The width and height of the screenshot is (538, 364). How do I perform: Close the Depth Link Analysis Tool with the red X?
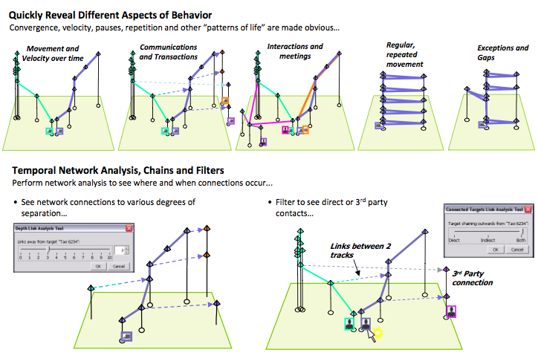[x=129, y=228]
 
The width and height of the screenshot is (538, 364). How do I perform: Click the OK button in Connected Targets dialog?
[x=496, y=250]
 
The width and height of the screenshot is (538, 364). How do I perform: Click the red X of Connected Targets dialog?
[x=528, y=209]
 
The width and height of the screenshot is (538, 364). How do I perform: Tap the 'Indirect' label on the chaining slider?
[x=488, y=241]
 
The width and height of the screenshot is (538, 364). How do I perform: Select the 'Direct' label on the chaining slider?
[x=454, y=241]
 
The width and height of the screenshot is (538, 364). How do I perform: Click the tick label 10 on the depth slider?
[x=109, y=258]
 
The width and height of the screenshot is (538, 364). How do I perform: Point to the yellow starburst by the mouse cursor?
[x=378, y=332]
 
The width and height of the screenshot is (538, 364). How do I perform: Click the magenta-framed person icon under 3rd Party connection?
[x=451, y=312]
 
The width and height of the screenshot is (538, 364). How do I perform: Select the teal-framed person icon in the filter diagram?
[x=349, y=324]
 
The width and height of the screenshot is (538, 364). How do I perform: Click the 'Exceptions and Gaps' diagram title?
[x=502, y=53]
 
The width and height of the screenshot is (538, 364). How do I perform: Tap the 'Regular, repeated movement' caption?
[x=404, y=55]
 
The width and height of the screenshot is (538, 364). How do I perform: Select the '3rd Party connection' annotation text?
[x=473, y=277]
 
